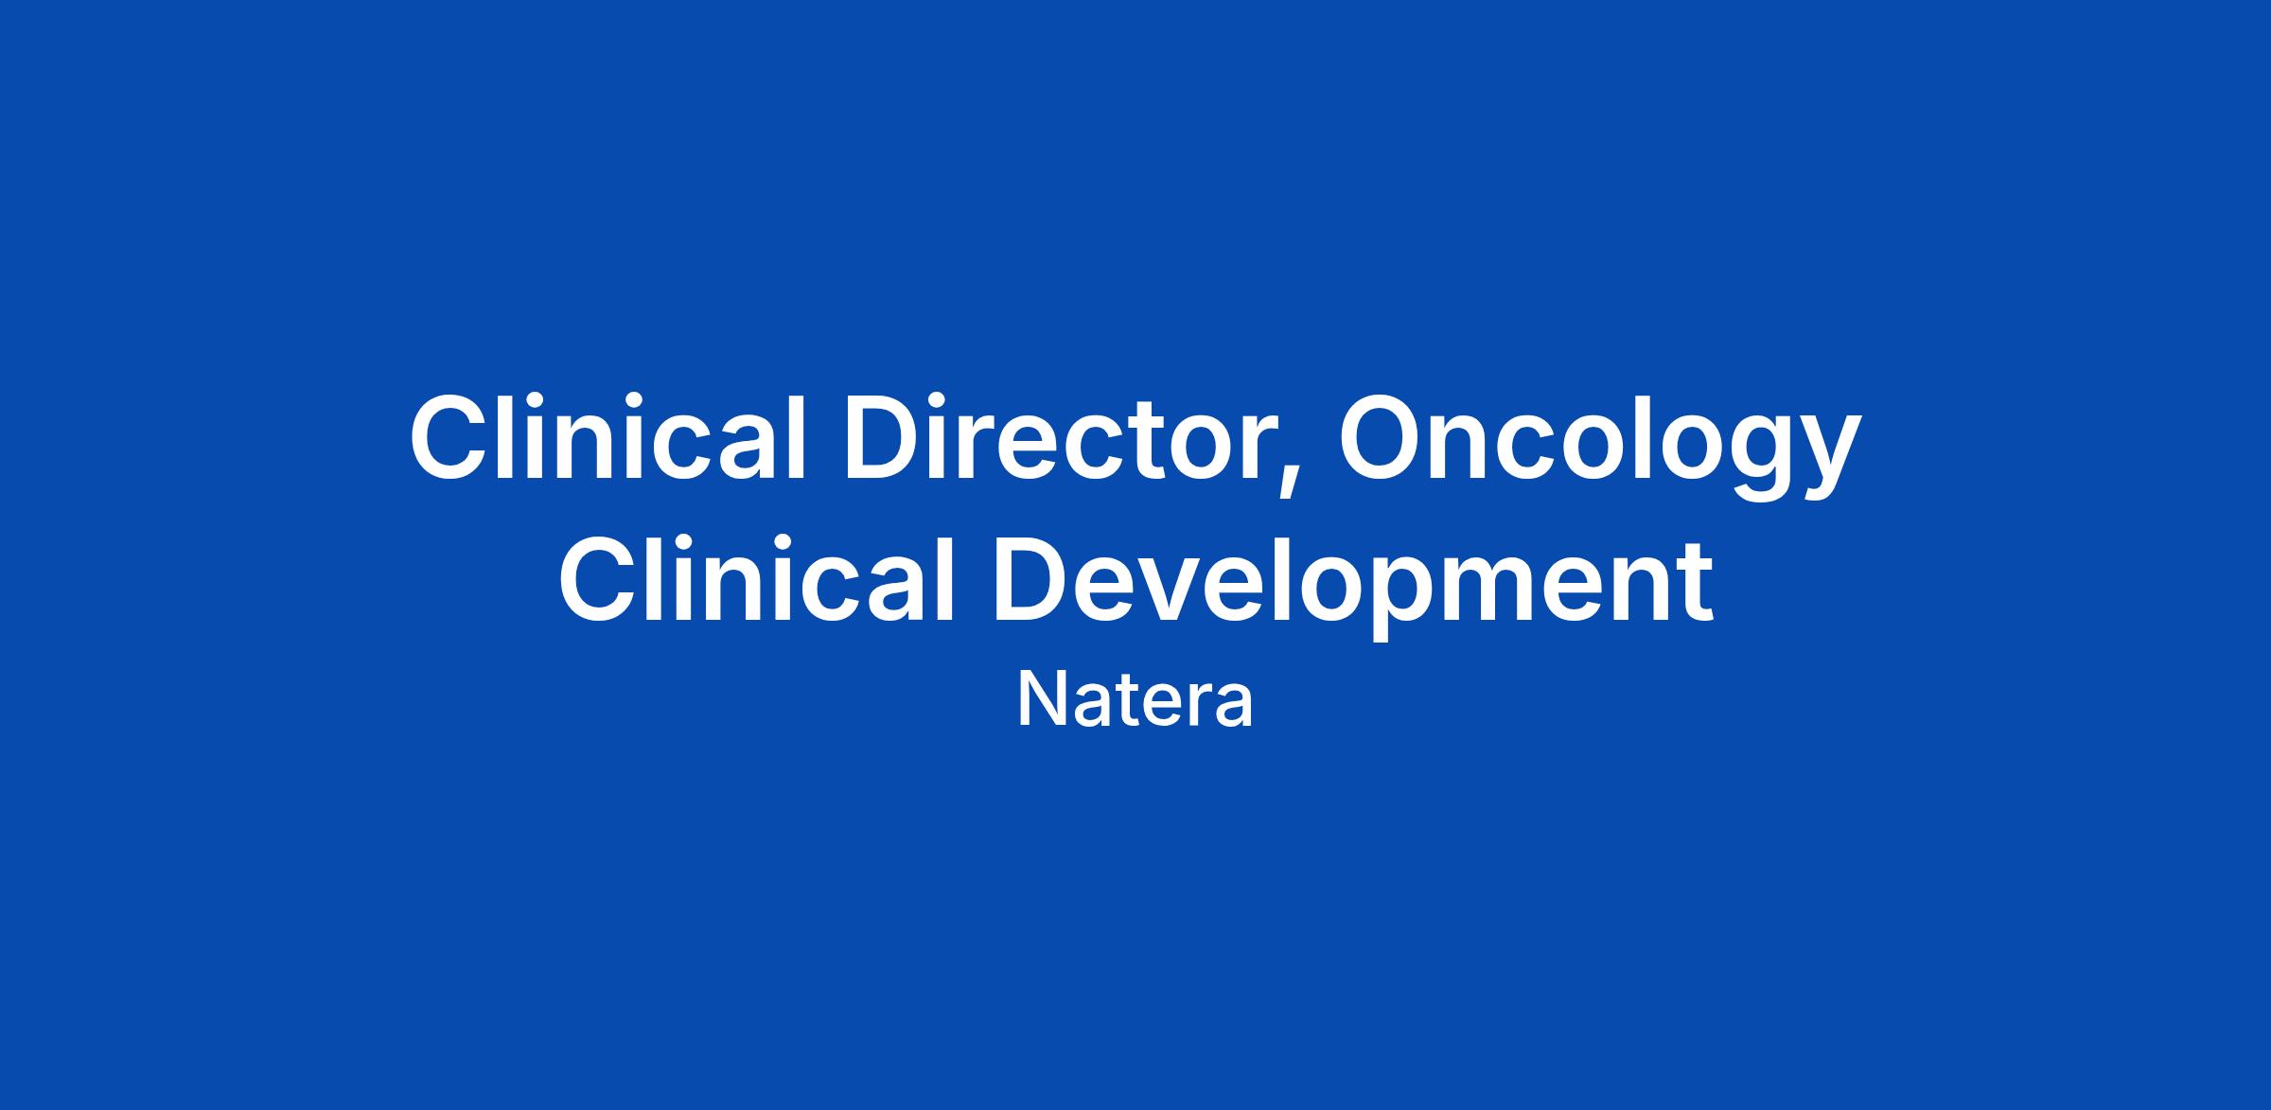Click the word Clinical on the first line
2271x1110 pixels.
(x=607, y=436)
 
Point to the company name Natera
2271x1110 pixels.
(x=1135, y=700)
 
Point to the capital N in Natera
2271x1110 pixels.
(x=1040, y=700)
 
